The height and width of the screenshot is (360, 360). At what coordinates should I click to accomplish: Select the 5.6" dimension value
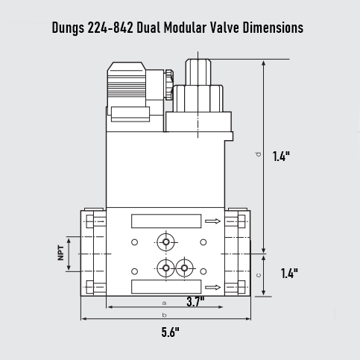[171, 333]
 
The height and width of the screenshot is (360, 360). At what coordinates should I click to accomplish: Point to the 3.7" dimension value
[195, 301]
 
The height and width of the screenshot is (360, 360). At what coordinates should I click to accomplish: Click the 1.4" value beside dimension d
[281, 157]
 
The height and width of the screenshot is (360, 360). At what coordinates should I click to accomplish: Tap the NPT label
[61, 253]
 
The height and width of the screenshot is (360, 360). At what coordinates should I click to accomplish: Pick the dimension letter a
[164, 302]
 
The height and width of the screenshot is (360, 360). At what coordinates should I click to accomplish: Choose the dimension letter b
[164, 315]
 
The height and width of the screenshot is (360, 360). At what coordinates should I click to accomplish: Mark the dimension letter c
[258, 274]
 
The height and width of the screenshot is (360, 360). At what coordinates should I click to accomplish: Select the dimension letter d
[258, 154]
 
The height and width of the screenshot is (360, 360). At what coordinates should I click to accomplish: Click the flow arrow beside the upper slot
[214, 221]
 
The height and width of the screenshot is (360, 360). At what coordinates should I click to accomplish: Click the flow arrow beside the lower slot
[214, 287]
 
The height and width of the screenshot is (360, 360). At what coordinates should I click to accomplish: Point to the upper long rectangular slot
[165, 221]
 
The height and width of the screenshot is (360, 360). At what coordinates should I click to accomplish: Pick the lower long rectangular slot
[165, 287]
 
